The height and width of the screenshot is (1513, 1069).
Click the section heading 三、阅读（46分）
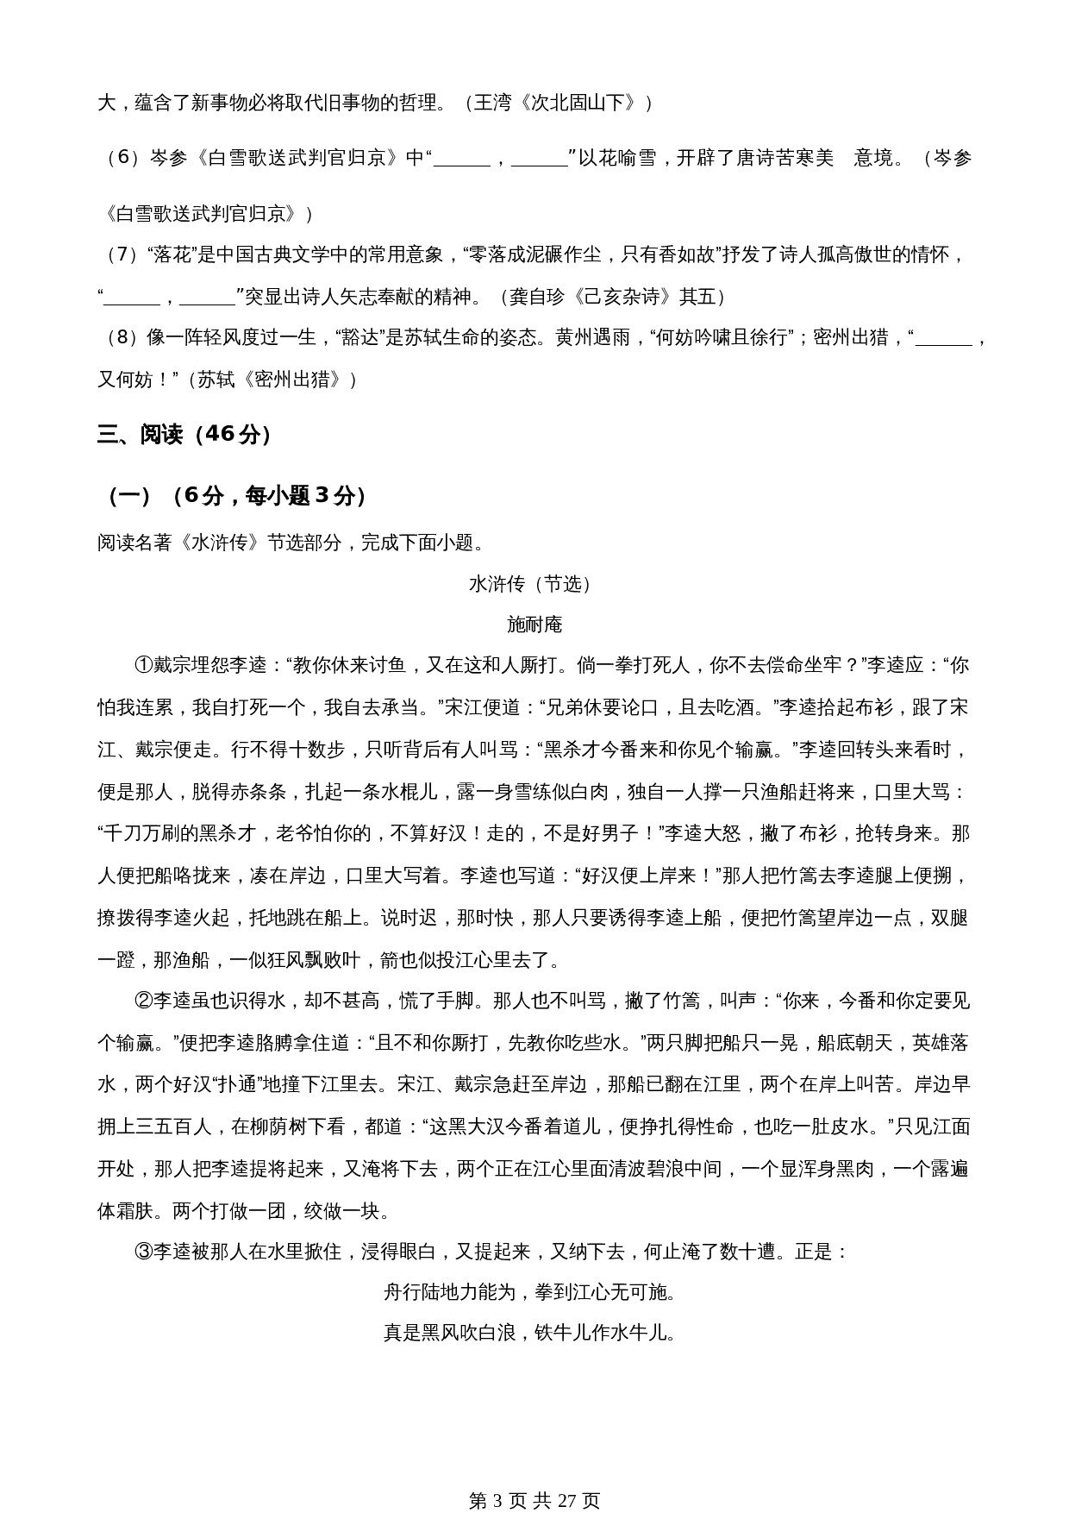pos(184,435)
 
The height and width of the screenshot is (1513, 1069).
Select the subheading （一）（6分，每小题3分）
pos(235,496)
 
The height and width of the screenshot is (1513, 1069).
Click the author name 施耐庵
pos(534,625)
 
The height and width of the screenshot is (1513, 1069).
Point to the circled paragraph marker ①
pos(143,665)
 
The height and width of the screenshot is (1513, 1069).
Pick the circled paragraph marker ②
pos(143,1001)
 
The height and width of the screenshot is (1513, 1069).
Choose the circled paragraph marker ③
pos(143,1252)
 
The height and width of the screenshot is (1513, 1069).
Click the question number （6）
pos(122,159)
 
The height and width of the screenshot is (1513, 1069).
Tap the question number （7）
pos(122,254)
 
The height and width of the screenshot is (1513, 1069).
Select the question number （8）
pos(122,337)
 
